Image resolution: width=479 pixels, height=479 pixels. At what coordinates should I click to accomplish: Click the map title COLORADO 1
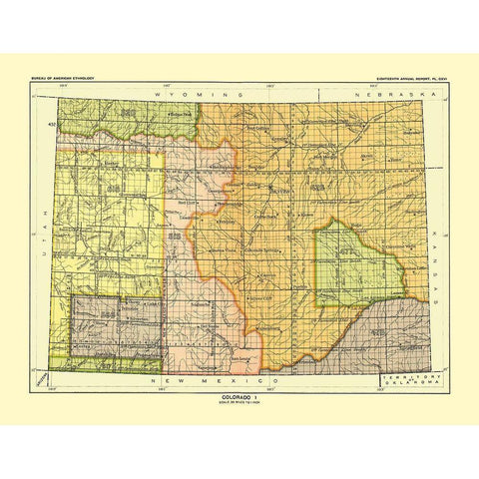coord(239,395)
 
